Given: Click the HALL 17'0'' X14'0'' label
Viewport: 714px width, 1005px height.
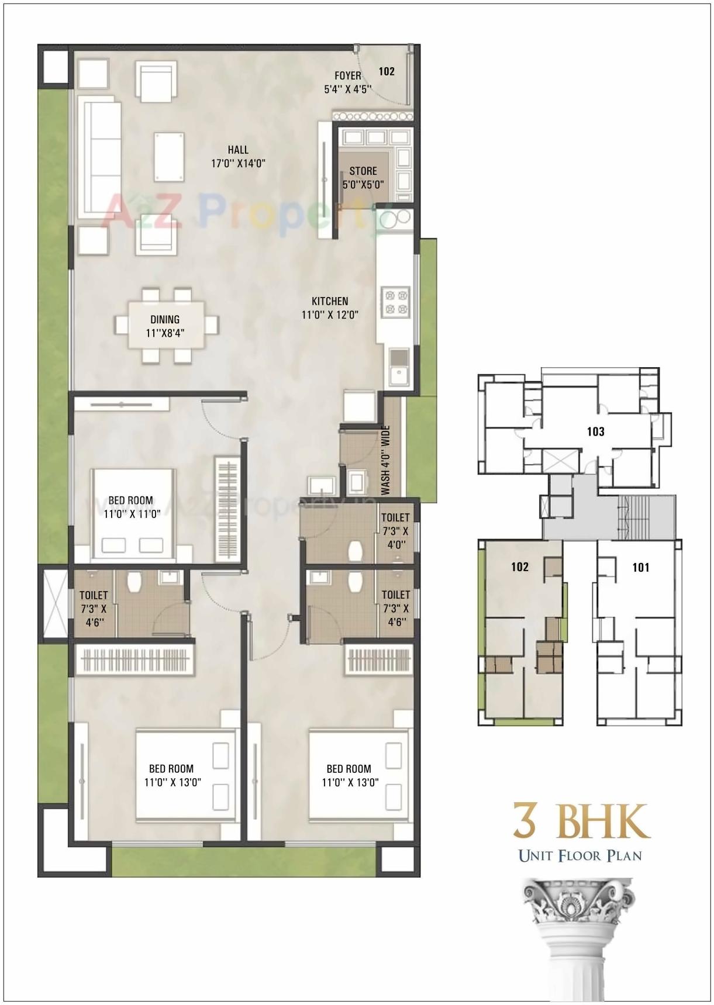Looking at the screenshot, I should [x=238, y=157].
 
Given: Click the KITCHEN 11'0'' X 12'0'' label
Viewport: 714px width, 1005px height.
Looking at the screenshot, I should [x=330, y=308].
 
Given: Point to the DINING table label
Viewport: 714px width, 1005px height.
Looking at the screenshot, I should [x=165, y=326].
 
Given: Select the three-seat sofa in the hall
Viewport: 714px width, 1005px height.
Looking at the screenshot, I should [x=99, y=157].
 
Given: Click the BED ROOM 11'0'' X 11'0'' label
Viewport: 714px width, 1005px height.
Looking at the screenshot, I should [x=131, y=507].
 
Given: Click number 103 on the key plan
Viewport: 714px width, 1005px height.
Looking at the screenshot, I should [x=595, y=431].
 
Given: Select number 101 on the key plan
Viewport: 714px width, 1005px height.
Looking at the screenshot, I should [x=641, y=567].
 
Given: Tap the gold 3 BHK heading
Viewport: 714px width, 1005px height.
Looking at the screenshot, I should [x=581, y=821].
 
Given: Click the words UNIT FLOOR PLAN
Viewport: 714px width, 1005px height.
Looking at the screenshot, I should [x=580, y=856].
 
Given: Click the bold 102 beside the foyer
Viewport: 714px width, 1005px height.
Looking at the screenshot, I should [x=387, y=71].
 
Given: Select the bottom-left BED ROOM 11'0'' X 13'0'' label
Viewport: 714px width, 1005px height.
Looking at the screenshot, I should [x=172, y=775].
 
